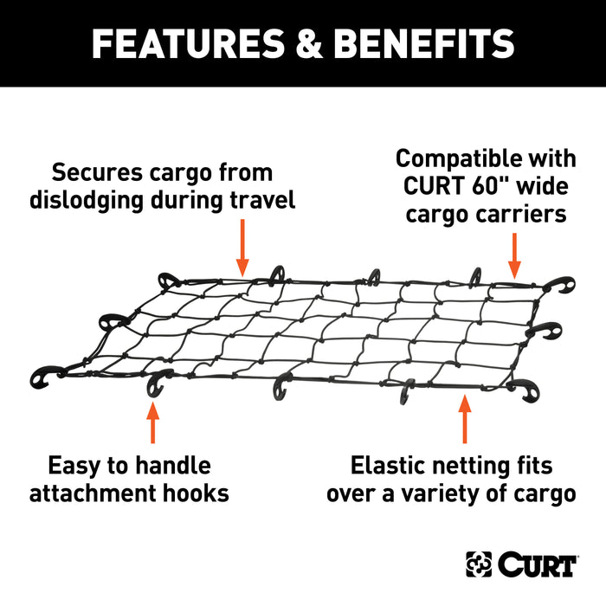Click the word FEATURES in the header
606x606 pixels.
(181, 43)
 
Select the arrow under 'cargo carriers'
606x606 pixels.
(515, 255)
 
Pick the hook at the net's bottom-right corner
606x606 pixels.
(522, 390)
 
